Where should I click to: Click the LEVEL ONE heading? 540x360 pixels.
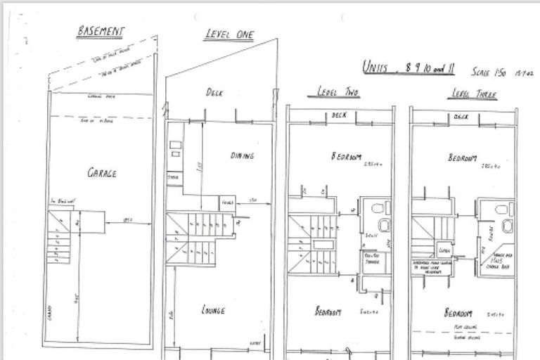(x=230, y=34)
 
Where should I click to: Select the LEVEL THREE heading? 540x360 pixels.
(x=474, y=94)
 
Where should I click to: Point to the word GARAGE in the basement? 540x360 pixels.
(x=102, y=172)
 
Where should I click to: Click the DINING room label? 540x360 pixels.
(x=241, y=155)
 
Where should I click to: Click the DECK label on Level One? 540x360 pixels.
(x=214, y=92)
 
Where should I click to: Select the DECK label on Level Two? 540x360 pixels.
(x=339, y=115)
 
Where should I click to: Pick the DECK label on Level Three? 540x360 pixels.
(x=462, y=117)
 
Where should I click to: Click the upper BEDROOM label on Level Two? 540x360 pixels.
(x=346, y=157)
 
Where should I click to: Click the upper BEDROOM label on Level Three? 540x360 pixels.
(x=463, y=158)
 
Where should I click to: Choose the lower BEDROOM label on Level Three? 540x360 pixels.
(x=458, y=312)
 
